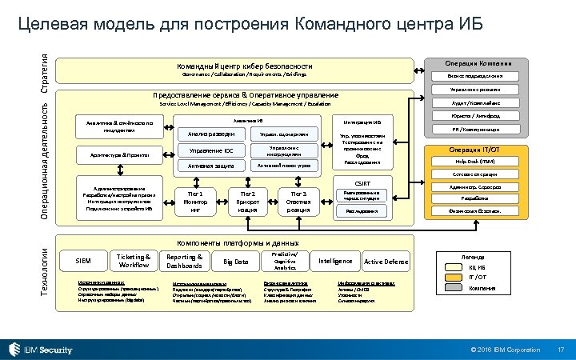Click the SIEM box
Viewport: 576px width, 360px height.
tap(82, 261)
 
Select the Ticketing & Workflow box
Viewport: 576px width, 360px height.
tap(134, 261)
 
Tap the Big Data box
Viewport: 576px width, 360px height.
tap(235, 262)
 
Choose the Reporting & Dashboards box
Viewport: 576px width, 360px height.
tap(184, 261)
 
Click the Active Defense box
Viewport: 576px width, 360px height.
tap(386, 262)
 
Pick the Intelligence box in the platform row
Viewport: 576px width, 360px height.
tap(335, 261)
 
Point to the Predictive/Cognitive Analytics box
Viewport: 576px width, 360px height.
tap(285, 261)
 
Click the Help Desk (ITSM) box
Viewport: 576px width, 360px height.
tap(474, 161)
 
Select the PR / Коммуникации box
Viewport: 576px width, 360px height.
tap(474, 128)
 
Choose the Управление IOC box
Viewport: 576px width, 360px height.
tap(211, 150)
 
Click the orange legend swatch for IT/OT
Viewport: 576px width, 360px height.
tap(453, 278)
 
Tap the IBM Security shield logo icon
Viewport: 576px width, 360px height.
tap(14, 349)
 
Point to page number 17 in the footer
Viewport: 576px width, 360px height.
tap(561, 350)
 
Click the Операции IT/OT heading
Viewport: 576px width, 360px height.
tap(474, 150)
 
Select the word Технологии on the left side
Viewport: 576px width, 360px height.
tap(46, 270)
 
